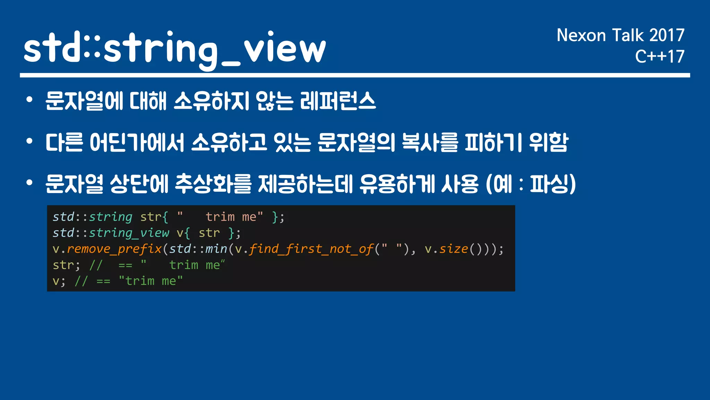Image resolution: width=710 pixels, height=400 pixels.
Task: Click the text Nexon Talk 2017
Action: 620,35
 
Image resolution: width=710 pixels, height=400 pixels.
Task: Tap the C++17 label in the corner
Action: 659,56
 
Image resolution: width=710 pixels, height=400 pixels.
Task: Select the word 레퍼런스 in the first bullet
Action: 338,101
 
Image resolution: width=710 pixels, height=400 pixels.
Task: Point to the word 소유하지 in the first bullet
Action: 211,101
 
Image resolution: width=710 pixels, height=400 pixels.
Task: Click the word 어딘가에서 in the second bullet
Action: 137,142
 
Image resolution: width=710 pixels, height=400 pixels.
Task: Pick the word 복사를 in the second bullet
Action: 430,142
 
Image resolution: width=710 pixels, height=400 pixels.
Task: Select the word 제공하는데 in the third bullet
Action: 305,184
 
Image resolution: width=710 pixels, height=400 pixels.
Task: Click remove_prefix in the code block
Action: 114,249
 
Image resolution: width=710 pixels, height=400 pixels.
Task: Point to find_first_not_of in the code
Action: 311,249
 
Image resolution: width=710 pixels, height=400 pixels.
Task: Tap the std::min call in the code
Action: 198,249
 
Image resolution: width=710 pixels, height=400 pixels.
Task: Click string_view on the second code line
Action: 129,233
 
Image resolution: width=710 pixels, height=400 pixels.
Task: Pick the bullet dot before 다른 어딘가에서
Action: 29,142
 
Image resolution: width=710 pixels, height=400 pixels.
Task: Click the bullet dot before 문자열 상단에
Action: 29,183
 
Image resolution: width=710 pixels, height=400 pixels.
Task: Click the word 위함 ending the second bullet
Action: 549,142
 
